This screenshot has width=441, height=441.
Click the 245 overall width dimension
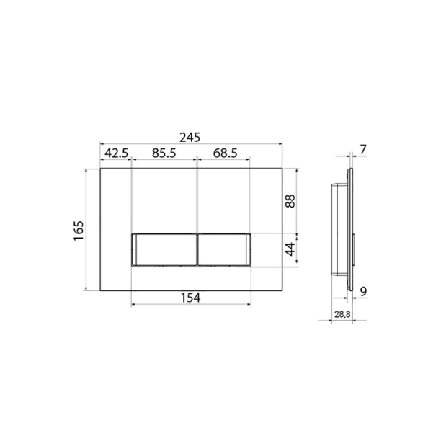(x=190, y=138)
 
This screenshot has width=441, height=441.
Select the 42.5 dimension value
(x=117, y=153)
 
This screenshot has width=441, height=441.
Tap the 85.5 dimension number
(x=164, y=153)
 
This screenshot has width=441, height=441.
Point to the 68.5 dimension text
(x=225, y=153)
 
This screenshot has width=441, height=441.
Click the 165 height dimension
(x=79, y=231)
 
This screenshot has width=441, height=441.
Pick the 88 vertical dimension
(x=290, y=201)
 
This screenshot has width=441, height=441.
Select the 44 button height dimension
(x=290, y=249)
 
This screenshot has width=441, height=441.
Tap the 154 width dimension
(x=190, y=298)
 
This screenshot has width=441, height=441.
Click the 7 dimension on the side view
(x=363, y=149)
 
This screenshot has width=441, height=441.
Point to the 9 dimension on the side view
(x=364, y=292)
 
